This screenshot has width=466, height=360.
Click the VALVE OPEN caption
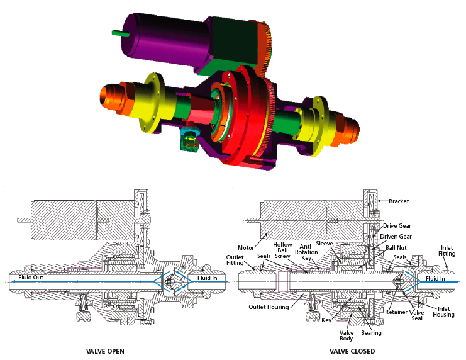(x=105, y=351)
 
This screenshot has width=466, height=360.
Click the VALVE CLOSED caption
(x=352, y=351)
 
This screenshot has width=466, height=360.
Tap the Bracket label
(x=399, y=201)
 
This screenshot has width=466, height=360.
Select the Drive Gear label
(x=397, y=226)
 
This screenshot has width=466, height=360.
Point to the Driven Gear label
(x=396, y=237)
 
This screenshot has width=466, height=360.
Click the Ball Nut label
(x=396, y=248)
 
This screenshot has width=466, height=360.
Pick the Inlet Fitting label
(x=447, y=250)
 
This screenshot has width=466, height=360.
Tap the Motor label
(x=246, y=247)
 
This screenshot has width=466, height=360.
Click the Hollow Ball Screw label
(x=282, y=250)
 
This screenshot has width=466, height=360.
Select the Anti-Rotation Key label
(x=306, y=252)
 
